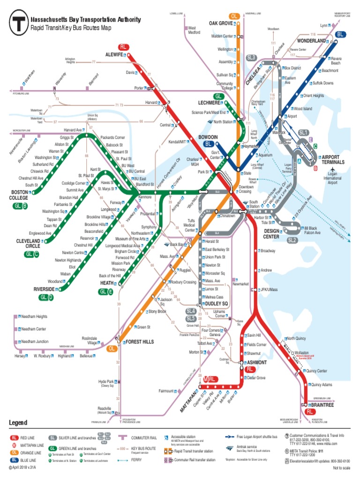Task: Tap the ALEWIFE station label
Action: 114,55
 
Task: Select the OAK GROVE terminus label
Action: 221,23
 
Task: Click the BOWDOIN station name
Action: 208,137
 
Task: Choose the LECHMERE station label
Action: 209,103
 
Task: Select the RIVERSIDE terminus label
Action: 44,290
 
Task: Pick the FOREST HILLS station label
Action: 139,342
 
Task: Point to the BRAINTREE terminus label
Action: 322,405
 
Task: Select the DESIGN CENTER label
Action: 271,233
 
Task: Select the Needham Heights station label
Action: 34,317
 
